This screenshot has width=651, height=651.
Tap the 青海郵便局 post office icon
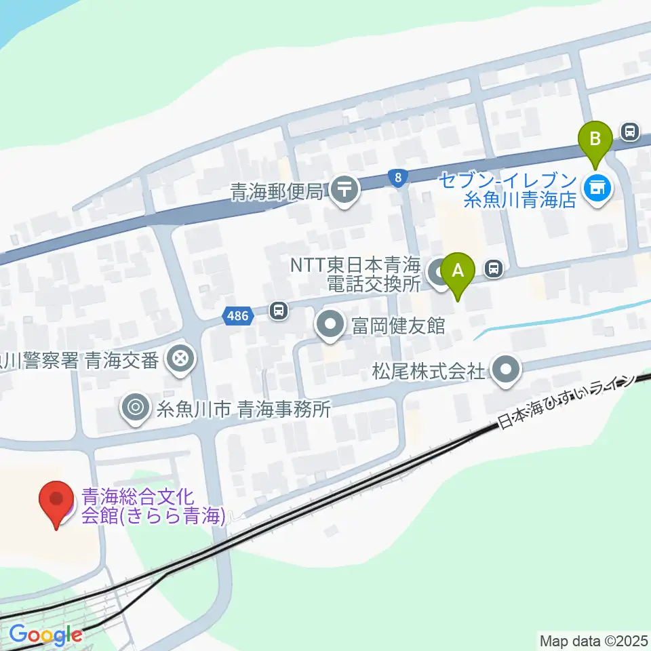pyautogui.click(x=345, y=189)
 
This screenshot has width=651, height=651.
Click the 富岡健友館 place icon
pyautogui.click(x=330, y=325)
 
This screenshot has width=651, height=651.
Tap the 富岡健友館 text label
pyautogui.click(x=397, y=326)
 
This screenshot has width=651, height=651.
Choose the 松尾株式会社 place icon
pyautogui.click(x=505, y=370)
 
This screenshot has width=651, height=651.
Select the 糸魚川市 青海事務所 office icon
pyautogui.click(x=135, y=408)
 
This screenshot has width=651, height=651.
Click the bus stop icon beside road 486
pyautogui.click(x=277, y=311)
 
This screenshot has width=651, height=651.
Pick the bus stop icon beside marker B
pyautogui.click(x=630, y=132)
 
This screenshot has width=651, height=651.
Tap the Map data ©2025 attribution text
pyautogui.click(x=594, y=639)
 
